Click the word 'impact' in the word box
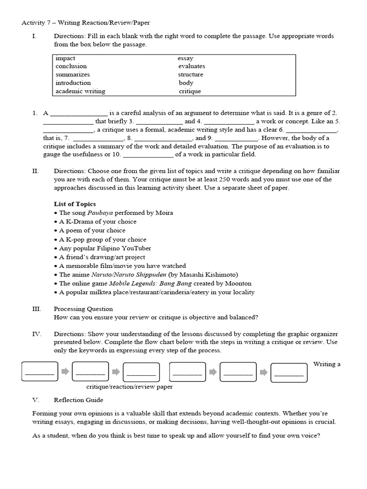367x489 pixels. click(65, 58)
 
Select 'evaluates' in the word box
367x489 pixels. click(192, 66)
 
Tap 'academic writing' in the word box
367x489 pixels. click(80, 91)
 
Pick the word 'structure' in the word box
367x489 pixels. click(191, 74)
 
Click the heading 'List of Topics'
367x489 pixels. click(75, 204)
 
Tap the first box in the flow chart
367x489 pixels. click(40, 372)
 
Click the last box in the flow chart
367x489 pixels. click(289, 372)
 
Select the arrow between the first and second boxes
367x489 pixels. click(65, 372)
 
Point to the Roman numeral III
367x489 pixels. click(37, 309)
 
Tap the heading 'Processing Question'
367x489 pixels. click(83, 309)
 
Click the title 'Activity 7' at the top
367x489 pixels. click(39, 23)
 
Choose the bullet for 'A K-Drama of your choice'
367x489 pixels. click(56, 222)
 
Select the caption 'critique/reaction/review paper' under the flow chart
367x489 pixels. click(130, 387)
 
